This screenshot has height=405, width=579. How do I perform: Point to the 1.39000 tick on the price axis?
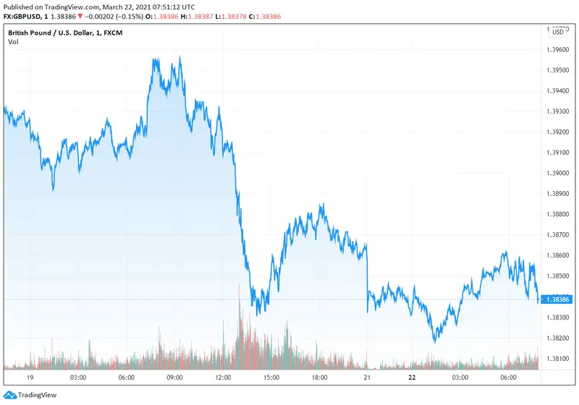click(x=559, y=174)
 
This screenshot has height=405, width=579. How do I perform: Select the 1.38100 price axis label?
click(x=559, y=359)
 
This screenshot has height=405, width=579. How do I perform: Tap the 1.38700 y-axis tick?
click(x=559, y=235)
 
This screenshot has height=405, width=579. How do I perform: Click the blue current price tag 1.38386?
click(x=559, y=299)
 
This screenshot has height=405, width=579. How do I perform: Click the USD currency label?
click(x=558, y=32)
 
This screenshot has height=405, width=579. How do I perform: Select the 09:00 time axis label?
click(x=174, y=378)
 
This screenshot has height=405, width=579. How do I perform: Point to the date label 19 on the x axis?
click(x=30, y=378)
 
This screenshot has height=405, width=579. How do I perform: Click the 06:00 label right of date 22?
click(x=509, y=378)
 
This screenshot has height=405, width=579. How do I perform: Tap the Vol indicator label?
click(x=13, y=42)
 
